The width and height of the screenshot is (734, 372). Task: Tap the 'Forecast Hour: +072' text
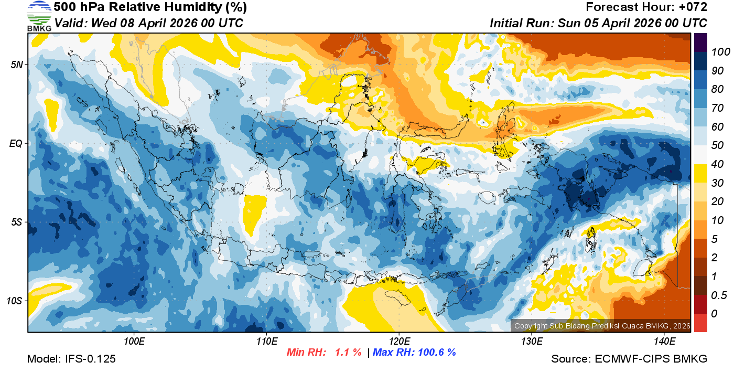pos(646,7)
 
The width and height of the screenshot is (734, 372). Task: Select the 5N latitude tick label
pos(16,65)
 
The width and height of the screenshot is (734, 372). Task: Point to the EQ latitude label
pos(16,143)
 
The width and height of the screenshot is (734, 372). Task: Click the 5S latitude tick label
pos(16,222)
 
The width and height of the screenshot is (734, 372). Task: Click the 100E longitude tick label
pos(134,342)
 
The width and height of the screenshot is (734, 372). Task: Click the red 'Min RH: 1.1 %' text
pos(324,353)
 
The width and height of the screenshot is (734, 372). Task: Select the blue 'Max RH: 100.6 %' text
pos(414,353)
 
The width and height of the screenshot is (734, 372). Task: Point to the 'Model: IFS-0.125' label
pos(71,359)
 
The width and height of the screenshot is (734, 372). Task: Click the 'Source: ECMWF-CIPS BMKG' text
pos(629,359)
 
